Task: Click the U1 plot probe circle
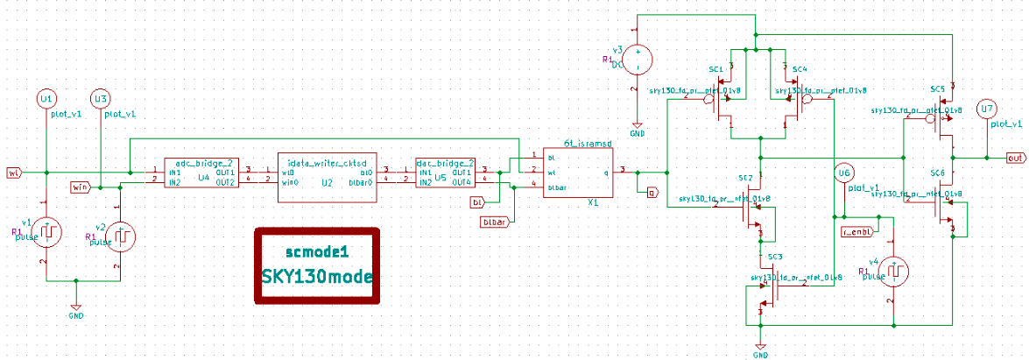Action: pyautogui.click(x=46, y=99)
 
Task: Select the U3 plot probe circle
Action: pyautogui.click(x=101, y=99)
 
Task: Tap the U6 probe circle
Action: pyautogui.click(x=844, y=173)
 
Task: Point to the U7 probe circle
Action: pyautogui.click(x=987, y=109)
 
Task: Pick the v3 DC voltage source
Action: pyautogui.click(x=637, y=60)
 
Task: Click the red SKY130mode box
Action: pyautogui.click(x=317, y=266)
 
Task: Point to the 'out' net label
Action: pyautogui.click(x=1015, y=158)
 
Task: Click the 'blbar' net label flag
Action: pyautogui.click(x=496, y=223)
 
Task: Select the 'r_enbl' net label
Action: pyautogui.click(x=855, y=231)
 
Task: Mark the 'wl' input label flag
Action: pyautogui.click(x=13, y=173)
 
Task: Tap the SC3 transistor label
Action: pyautogui.click(x=774, y=257)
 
